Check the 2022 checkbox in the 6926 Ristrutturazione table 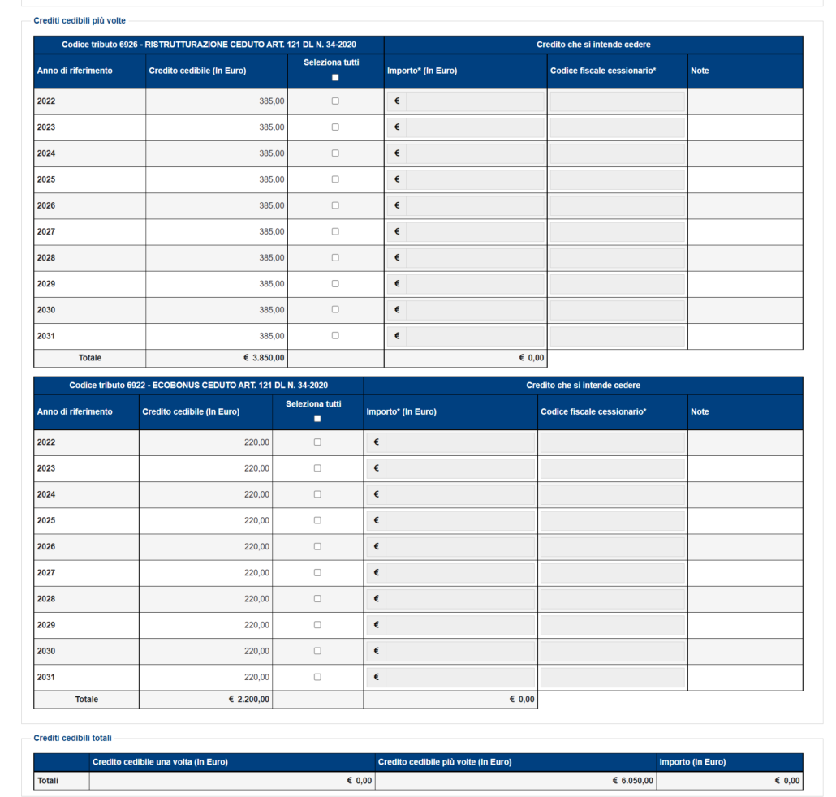335,101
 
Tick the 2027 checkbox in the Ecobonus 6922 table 317,573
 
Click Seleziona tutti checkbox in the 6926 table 335,78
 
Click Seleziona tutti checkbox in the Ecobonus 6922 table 317,419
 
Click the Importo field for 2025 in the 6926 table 475,179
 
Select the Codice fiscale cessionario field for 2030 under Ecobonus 612,651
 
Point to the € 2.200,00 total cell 250,699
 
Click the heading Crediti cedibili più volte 80,20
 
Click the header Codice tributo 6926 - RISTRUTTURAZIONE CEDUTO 209,45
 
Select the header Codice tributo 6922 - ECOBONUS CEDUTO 198,386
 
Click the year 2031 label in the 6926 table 46,336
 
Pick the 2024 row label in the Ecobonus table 46,494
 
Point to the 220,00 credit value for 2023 256,468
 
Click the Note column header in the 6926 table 700,71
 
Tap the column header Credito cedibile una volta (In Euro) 160,762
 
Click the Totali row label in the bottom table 49,781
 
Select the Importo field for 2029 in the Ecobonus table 459,625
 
